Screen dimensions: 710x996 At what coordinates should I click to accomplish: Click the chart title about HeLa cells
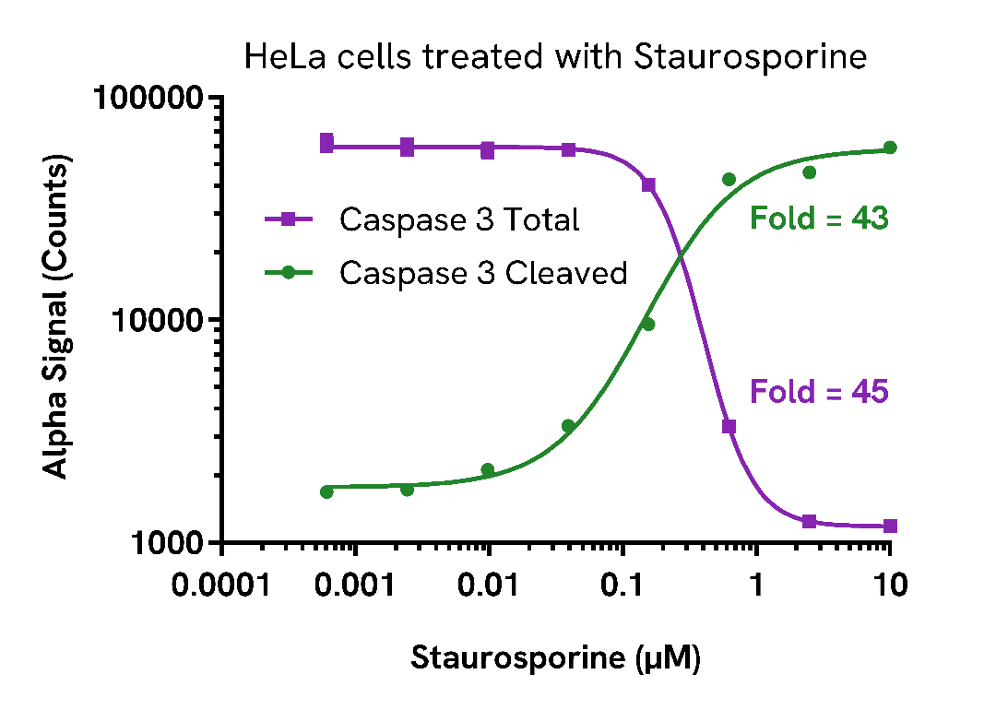pyautogui.click(x=555, y=57)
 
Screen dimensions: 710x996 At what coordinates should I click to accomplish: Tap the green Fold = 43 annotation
pyautogui.click(x=819, y=219)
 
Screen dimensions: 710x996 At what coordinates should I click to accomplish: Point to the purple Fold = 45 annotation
pyautogui.click(x=819, y=392)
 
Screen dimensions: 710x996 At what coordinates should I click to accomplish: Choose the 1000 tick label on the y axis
pyautogui.click(x=163, y=542)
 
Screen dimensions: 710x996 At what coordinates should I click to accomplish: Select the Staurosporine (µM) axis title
pyautogui.click(x=555, y=658)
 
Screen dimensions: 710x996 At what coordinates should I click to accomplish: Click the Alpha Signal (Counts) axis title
pyautogui.click(x=57, y=320)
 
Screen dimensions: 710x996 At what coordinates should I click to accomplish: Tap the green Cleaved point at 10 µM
pyautogui.click(x=890, y=148)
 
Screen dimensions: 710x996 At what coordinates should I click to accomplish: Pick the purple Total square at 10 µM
pyautogui.click(x=890, y=526)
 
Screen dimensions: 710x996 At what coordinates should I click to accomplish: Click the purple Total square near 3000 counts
pyautogui.click(x=729, y=426)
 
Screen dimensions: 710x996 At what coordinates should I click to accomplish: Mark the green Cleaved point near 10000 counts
pyautogui.click(x=647, y=324)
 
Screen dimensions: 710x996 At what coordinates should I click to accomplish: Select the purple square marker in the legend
pyautogui.click(x=288, y=219)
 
